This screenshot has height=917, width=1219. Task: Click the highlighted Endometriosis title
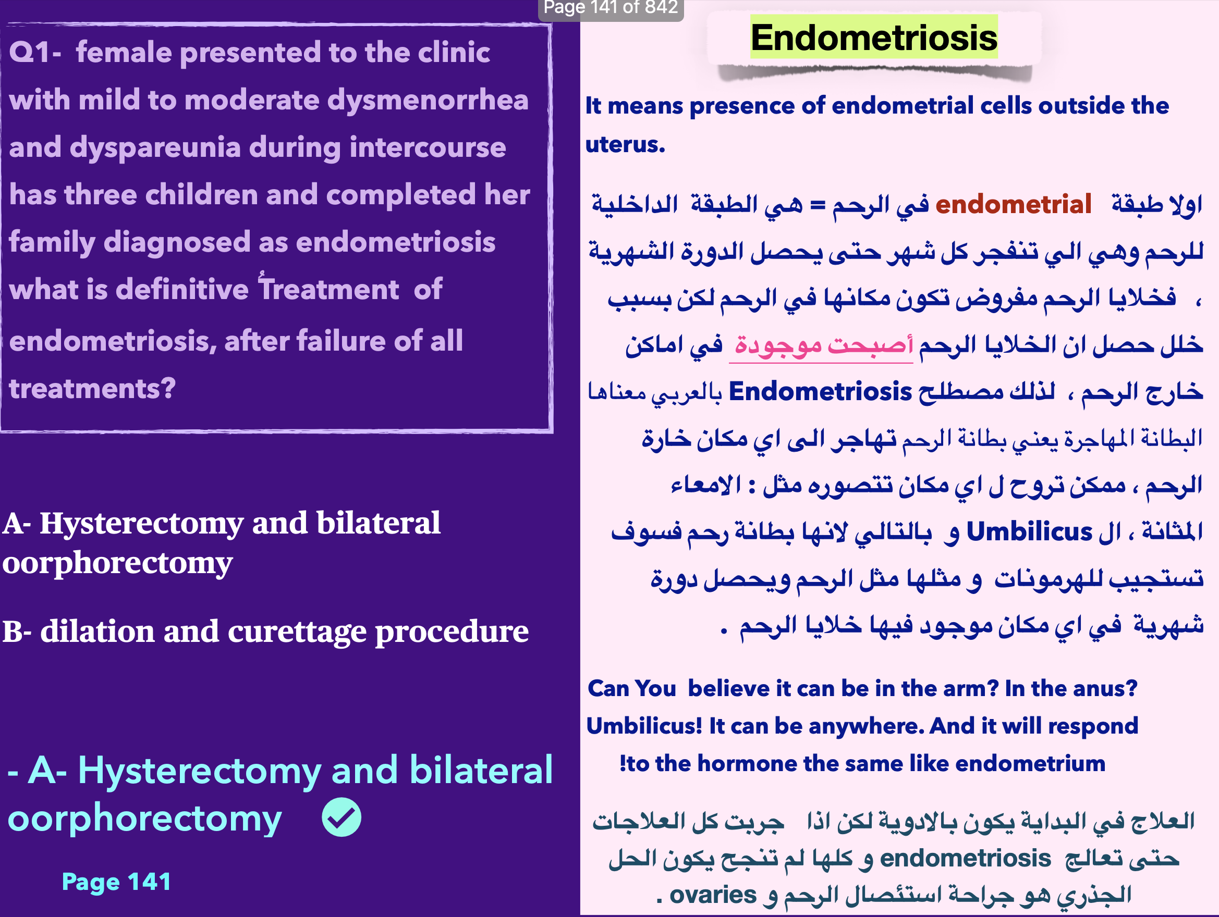point(873,38)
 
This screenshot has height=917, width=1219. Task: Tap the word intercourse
point(427,147)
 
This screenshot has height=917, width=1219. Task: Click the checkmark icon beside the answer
point(342,817)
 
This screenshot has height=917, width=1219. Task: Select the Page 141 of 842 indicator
point(611,8)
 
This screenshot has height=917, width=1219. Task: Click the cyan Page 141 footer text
point(116,882)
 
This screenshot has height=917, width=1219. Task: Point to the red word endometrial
point(1013,204)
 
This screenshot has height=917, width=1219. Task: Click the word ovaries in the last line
point(713,895)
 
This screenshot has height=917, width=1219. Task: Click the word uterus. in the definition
point(625,144)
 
